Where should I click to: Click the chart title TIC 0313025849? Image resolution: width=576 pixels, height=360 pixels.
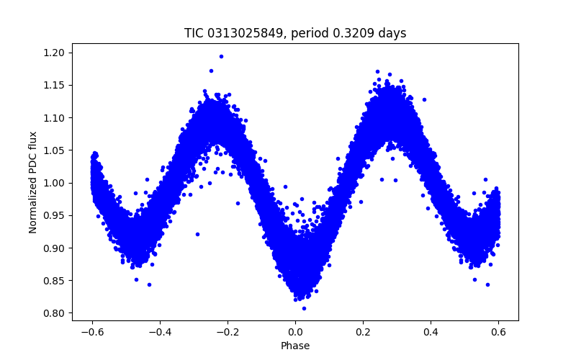click(295, 33)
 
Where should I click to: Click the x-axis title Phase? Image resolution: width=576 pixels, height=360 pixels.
click(295, 346)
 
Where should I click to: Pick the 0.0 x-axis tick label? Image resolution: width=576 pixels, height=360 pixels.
click(295, 332)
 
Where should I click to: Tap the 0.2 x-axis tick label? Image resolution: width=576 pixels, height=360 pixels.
click(363, 332)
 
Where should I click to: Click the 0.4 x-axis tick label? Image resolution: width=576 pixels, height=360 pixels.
click(431, 332)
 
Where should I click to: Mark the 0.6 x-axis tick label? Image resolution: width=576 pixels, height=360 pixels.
click(498, 332)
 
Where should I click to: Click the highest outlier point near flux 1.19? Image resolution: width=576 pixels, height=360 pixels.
click(221, 56)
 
